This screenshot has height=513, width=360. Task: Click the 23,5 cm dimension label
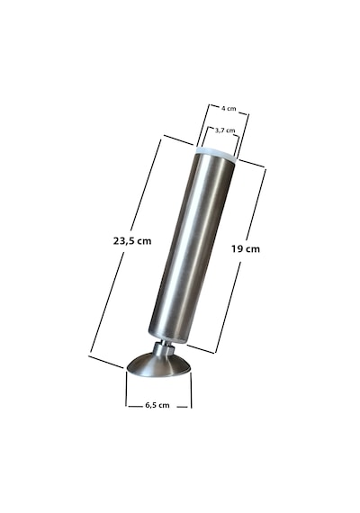coord(132,241)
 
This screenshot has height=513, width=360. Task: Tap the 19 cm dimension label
coord(246,249)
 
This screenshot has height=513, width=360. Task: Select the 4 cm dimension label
coord(229,108)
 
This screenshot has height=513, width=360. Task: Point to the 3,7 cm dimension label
coord(225,130)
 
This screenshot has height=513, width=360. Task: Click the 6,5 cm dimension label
coord(157,405)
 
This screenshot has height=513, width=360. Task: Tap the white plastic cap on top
coord(217,154)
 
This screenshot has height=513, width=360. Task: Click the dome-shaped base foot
coord(158,365)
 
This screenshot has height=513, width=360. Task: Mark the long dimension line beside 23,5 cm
coord(125,248)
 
